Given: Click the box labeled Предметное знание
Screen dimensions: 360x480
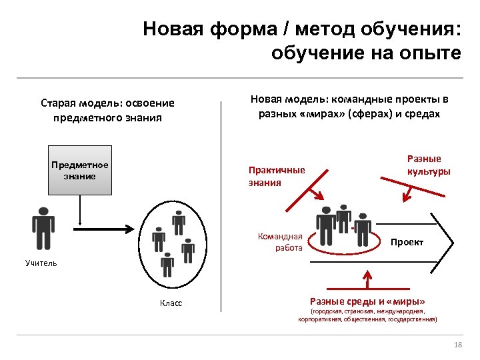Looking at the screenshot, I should click(x=80, y=171).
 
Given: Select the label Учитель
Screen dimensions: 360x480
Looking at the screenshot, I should click(x=41, y=263).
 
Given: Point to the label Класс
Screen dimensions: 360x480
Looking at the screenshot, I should click(x=171, y=303).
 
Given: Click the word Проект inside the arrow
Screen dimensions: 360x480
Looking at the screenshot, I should click(x=407, y=242).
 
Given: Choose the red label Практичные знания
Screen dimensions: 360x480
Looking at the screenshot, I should click(x=276, y=176).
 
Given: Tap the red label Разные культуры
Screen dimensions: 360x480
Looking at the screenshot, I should click(x=428, y=165).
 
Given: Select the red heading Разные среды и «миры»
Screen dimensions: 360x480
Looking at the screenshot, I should click(x=367, y=301).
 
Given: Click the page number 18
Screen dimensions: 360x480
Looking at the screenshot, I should click(x=457, y=344).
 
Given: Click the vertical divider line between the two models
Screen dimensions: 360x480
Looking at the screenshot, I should click(x=222, y=207).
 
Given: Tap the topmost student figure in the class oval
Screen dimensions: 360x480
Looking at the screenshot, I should click(x=177, y=221).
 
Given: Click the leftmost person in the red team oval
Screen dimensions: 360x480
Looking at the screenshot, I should click(x=327, y=225).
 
